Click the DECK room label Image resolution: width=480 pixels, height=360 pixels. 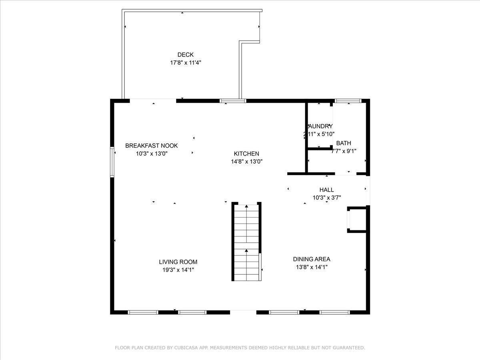click(186, 55)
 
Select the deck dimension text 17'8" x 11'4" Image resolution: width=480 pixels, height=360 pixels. click(186, 63)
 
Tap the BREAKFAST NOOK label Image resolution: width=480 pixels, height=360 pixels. click(152, 146)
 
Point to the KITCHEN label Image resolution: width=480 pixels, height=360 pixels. click(246, 154)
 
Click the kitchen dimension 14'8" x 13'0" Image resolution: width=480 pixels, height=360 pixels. click(246, 162)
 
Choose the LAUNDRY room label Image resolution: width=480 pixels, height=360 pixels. click(320, 126)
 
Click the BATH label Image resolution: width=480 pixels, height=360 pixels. click(344, 143)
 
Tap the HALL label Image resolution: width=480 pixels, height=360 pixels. click(326, 190)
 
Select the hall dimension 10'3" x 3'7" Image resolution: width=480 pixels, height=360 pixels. click(326, 197)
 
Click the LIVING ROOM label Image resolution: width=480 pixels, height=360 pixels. click(178, 262)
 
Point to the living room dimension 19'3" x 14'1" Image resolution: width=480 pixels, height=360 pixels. click(178, 270)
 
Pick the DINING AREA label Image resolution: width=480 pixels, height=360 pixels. click(312, 259)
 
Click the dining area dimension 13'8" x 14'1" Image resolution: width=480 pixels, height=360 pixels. click(312, 267)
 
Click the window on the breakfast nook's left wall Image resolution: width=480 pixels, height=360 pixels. click(112, 162)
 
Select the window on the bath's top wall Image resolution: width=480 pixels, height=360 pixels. click(348, 101)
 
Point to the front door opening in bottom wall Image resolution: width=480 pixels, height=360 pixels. click(243, 312)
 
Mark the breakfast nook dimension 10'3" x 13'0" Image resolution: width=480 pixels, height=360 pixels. click(152, 153)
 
